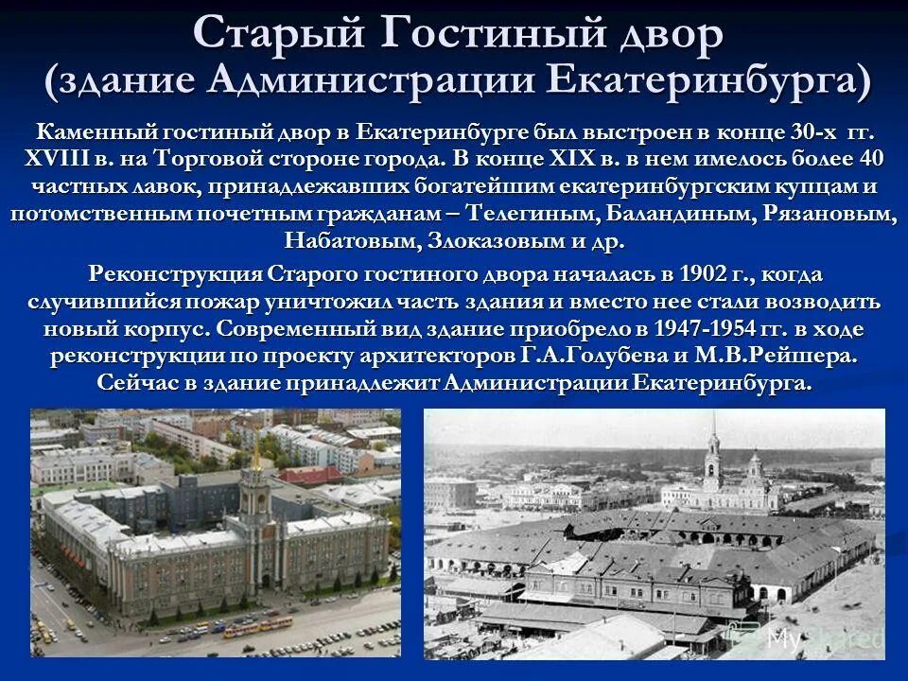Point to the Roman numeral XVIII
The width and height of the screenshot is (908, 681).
point(59,158)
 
